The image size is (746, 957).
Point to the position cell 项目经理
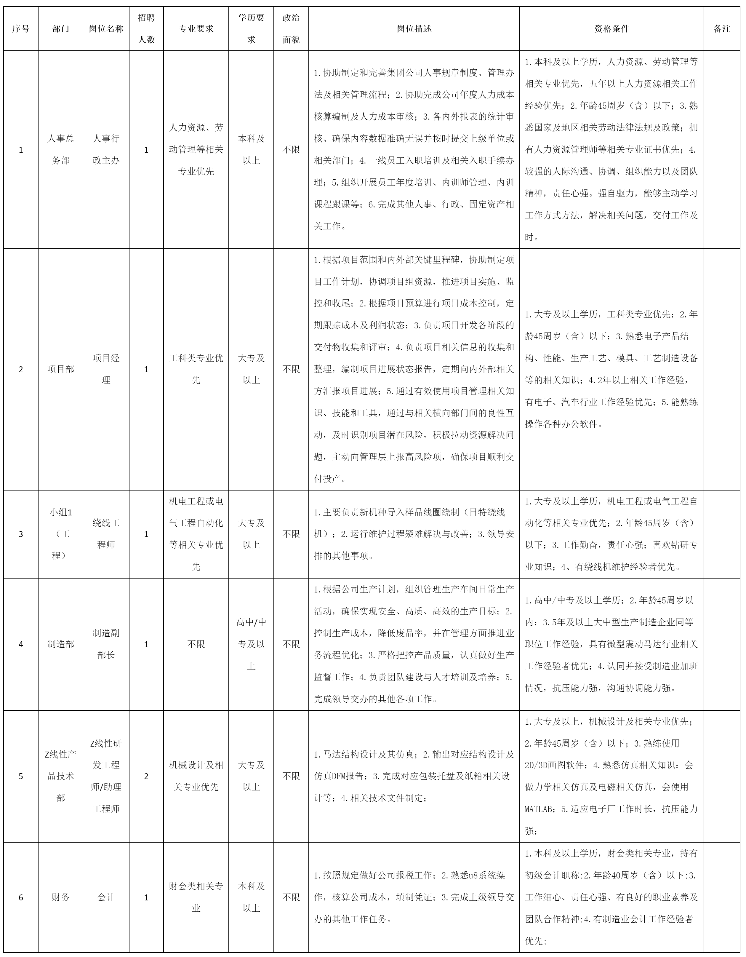coord(106,369)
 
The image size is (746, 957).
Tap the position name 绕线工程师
coord(106,534)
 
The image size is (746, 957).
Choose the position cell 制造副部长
coord(106,644)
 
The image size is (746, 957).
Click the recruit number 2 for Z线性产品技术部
coord(146,776)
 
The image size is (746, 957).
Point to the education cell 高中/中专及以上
coord(251,644)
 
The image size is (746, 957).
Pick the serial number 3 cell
coord(20,534)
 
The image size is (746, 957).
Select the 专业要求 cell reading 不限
coord(196,644)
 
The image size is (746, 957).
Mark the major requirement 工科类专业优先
coord(196,369)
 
